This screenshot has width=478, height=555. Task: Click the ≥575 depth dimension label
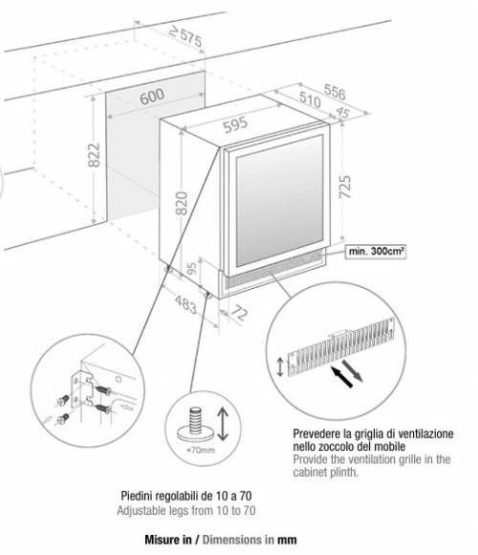185,36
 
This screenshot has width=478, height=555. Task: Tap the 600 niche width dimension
152,96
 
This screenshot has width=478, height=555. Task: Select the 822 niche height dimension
95,155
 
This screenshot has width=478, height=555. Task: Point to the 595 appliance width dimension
236,124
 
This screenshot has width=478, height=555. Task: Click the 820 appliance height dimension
182,203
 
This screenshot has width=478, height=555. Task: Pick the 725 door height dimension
345,187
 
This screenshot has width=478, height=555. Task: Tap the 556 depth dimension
335,92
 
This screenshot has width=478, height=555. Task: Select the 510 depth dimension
310,100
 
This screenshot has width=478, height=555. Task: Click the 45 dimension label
342,113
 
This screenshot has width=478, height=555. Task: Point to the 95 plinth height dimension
192,269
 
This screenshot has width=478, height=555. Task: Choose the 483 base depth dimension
186,304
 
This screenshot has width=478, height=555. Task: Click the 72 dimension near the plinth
239,313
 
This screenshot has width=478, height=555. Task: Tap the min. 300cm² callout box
376,252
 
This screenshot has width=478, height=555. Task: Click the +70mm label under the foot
201,451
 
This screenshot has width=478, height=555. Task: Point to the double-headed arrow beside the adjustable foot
223,424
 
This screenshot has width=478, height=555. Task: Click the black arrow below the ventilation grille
341,377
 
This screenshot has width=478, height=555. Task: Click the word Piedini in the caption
136,496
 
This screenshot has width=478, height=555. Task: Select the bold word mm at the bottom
287,540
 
